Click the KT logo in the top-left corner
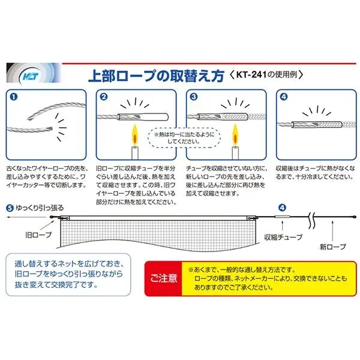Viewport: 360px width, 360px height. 31,76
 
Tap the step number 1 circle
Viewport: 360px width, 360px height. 14,97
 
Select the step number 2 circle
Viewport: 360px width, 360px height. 104,97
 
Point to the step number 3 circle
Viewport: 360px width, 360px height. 194,97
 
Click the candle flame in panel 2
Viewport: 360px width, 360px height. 135,135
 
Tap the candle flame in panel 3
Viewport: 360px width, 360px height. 235,135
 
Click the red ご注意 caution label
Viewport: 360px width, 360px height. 163,278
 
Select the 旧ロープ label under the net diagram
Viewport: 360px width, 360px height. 38,235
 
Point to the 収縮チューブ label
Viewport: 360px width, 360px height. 283,237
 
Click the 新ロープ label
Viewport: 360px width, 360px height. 332,247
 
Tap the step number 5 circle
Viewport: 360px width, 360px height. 10,208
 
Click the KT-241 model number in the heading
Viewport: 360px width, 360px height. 251,74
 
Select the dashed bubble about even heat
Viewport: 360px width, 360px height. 184,138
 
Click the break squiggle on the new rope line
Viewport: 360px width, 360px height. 311,221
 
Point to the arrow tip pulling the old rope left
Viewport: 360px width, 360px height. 7,217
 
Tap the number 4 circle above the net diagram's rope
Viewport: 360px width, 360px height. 282,208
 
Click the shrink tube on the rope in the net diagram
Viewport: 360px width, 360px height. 283,217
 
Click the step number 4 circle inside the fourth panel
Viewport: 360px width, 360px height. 284,97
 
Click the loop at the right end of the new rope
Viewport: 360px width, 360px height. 355,217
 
